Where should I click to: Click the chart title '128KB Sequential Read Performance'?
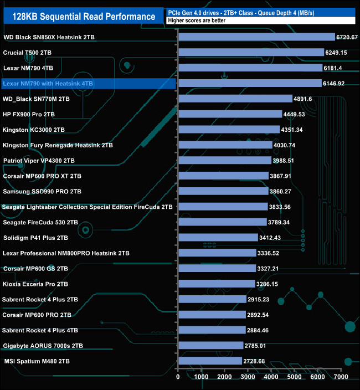point(84,17)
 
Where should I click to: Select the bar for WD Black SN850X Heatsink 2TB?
point(256,37)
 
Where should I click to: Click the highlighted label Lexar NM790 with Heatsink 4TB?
point(48,84)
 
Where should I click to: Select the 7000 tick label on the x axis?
point(341,377)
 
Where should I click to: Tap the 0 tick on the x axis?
point(178,377)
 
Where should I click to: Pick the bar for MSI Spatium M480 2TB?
point(210,361)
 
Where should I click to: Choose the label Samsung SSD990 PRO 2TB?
point(42,191)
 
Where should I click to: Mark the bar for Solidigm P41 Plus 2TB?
point(218,238)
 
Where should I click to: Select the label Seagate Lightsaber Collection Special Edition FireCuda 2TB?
point(88,207)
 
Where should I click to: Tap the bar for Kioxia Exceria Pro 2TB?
point(216,284)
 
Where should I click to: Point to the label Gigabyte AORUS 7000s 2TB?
point(43,346)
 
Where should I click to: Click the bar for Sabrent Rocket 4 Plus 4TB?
point(212,330)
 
